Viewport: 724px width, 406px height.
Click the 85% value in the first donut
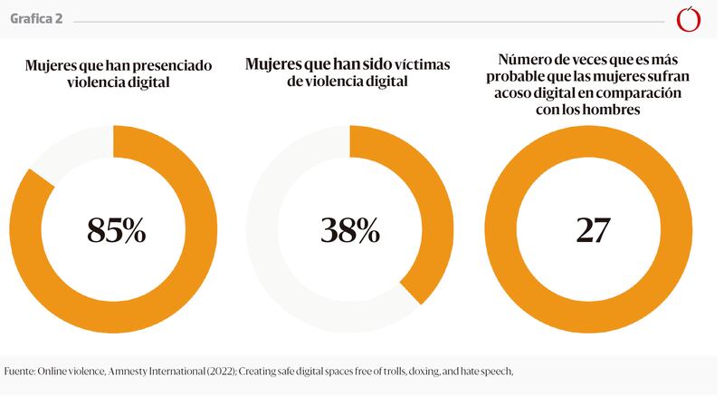tap(117, 230)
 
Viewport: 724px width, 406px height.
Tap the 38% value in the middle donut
tap(350, 230)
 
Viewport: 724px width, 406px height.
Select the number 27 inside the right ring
tap(593, 230)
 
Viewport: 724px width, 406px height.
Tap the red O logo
tap(690, 18)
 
